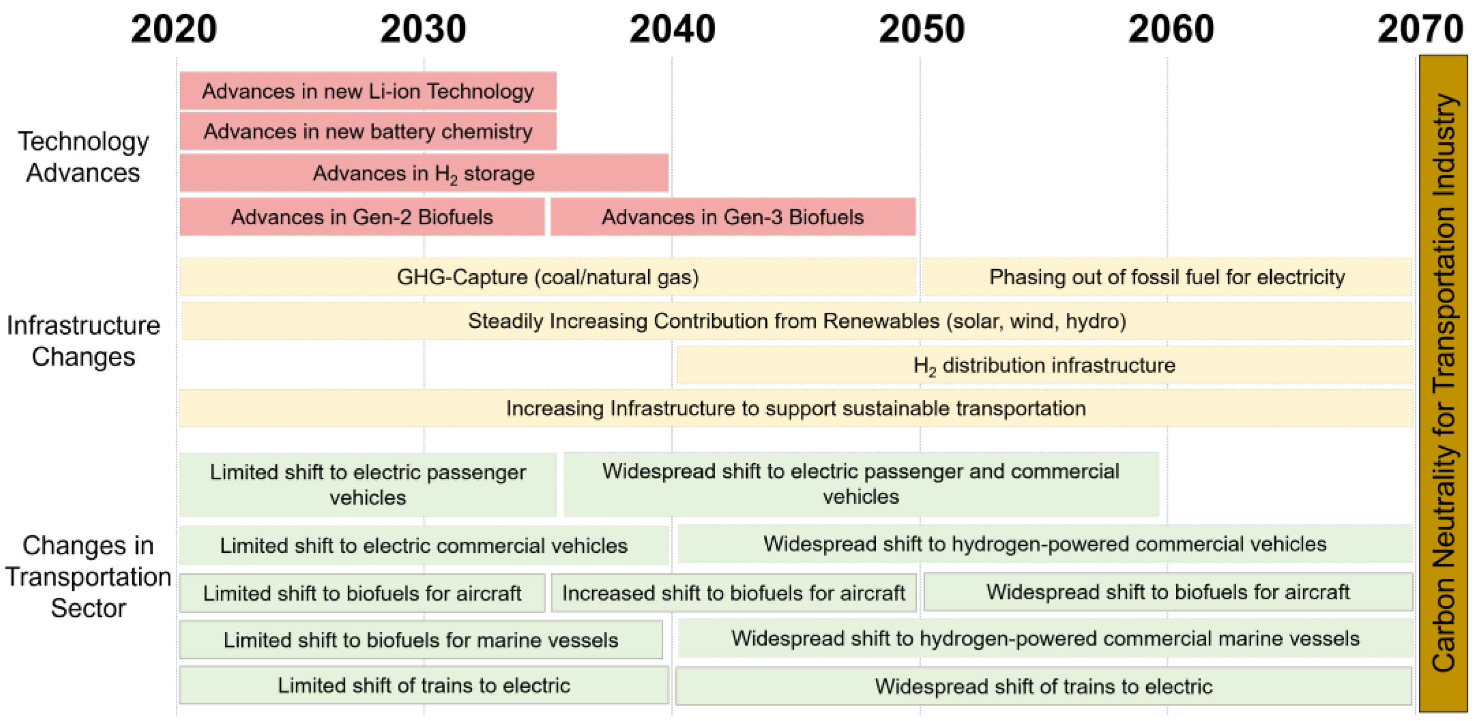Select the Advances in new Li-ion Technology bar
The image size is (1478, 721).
(368, 91)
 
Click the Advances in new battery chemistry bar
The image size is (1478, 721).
(368, 131)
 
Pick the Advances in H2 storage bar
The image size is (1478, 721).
(424, 173)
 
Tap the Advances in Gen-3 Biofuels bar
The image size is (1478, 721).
(733, 217)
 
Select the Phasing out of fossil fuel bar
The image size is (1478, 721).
(1167, 277)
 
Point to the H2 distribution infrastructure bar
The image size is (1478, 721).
(1044, 365)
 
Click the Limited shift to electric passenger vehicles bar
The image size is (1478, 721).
(368, 485)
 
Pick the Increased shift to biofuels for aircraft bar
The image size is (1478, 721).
(733, 593)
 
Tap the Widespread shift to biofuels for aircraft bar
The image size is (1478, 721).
(1168, 592)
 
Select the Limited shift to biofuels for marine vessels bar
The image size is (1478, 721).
(420, 640)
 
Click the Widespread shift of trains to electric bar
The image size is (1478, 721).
(1043, 686)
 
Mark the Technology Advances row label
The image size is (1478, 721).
(83, 157)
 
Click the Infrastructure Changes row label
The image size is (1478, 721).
(83, 341)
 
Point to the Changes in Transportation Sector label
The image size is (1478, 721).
(88, 576)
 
